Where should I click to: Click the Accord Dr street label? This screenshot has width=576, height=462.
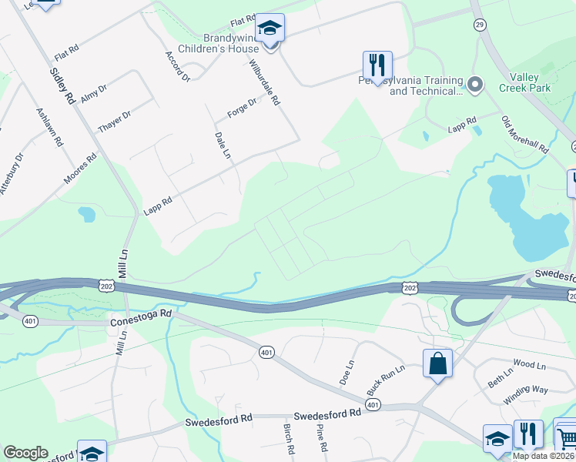pyautogui.click(x=177, y=67)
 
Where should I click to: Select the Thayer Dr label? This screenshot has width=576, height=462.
pyautogui.click(x=115, y=122)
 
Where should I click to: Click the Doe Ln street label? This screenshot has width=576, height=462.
pyautogui.click(x=346, y=373)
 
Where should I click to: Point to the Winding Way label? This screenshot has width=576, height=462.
pyautogui.click(x=526, y=395)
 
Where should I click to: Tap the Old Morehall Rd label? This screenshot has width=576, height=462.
pyautogui.click(x=523, y=134)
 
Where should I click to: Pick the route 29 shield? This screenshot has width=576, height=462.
pyautogui.click(x=480, y=25)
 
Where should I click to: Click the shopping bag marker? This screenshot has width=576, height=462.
pyautogui.click(x=437, y=363)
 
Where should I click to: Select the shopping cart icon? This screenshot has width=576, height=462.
pyautogui.click(x=565, y=437)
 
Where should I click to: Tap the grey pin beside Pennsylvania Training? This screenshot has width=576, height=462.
pyautogui.click(x=475, y=83)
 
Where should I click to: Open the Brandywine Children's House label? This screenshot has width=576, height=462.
pyautogui.click(x=219, y=43)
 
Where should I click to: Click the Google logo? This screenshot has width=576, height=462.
pyautogui.click(x=25, y=453)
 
